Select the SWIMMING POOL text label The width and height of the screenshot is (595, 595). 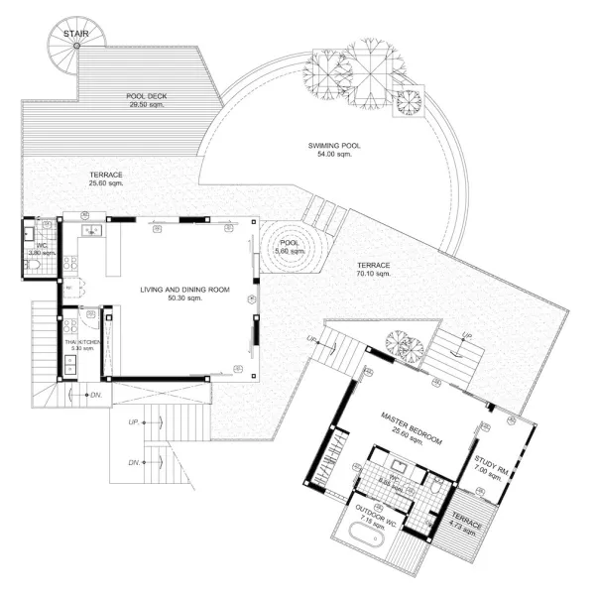coord(334,146)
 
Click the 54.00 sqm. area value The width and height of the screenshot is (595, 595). coord(334,156)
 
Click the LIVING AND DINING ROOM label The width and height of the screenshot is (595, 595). coord(183,290)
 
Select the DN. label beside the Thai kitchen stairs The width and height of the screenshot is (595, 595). coord(96,397)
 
